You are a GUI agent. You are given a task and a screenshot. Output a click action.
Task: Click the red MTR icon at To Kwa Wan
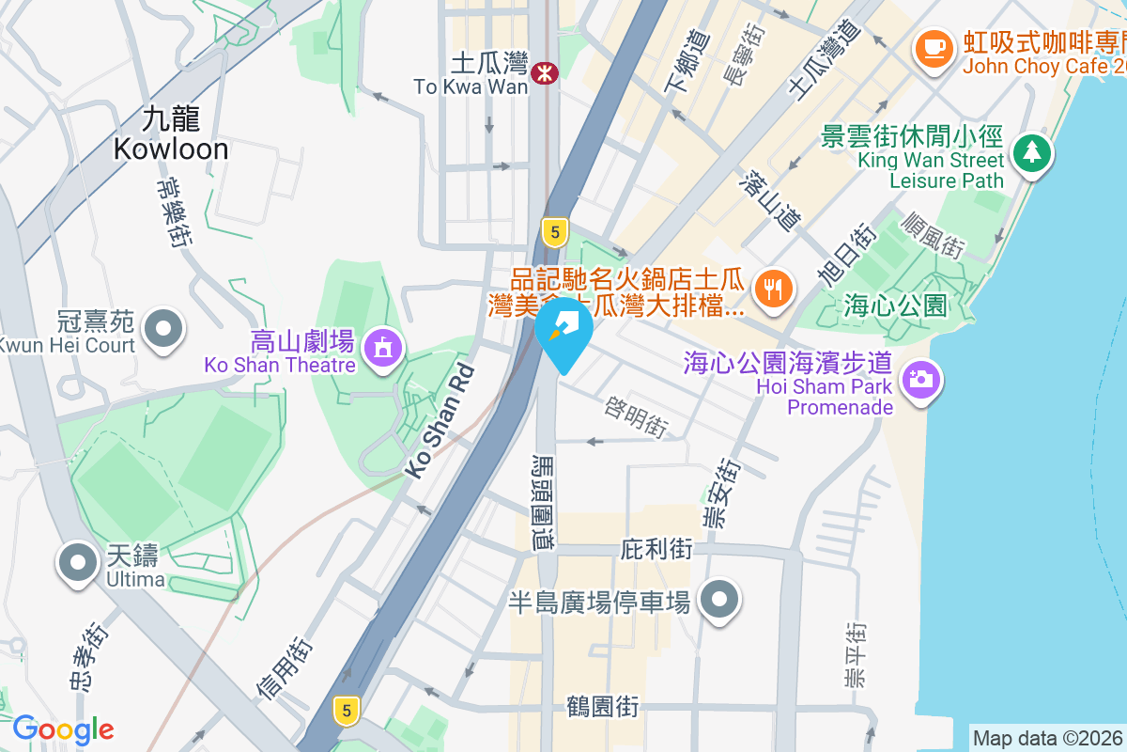tap(542, 73)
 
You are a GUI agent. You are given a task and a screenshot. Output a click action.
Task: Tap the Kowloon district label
tap(171, 133)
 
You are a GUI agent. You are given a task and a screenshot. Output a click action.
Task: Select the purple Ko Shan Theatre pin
tap(382, 349)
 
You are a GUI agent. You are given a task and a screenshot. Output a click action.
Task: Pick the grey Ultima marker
tap(78, 563)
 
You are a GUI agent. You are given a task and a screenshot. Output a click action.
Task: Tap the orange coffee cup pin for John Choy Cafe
tap(933, 47)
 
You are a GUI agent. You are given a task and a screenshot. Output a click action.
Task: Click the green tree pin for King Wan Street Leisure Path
tap(1031, 151)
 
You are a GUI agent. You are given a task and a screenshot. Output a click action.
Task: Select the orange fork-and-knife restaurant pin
tap(773, 288)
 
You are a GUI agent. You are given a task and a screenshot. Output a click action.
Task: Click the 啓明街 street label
tap(637, 417)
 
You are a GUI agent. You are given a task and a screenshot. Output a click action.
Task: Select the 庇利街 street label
tap(656, 549)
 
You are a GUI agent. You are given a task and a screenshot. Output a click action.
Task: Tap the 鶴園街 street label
tap(602, 706)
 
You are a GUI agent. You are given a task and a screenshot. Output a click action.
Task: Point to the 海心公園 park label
tap(893, 305)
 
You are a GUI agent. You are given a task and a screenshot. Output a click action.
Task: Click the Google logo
tap(63, 729)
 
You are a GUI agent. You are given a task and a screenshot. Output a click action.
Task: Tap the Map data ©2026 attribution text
tap(1047, 738)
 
